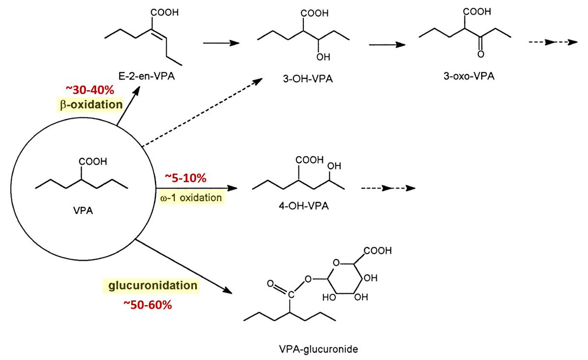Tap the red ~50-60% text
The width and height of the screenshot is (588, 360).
tap(147, 304)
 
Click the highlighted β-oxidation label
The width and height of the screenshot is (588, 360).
tap(88, 104)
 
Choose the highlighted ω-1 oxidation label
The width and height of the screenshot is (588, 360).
tap(190, 198)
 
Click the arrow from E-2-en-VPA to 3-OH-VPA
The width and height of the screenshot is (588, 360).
tap(221, 43)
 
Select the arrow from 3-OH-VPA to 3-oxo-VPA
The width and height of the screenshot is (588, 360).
tap(387, 44)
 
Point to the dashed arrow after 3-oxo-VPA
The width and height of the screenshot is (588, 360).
tap(548, 43)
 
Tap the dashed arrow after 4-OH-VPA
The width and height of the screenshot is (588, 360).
tap(387, 188)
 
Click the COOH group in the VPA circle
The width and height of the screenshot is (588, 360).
tap(92, 162)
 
